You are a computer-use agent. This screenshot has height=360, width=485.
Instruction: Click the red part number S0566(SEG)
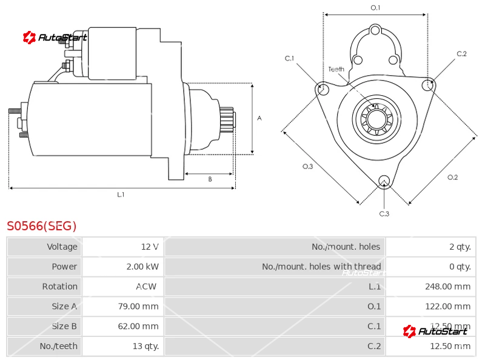point(42,226)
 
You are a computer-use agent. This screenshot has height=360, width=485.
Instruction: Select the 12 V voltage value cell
point(149,247)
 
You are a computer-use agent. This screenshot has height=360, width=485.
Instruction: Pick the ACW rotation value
point(145,286)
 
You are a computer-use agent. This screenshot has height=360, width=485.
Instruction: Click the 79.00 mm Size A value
point(138,306)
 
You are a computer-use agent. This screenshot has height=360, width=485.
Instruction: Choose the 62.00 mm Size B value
point(138,326)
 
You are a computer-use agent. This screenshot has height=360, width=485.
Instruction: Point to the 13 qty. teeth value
point(142,346)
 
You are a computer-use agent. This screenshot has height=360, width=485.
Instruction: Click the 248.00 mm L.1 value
point(447,286)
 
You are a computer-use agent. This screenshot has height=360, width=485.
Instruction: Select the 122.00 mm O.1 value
point(447,306)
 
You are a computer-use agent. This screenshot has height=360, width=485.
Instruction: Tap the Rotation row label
point(59,286)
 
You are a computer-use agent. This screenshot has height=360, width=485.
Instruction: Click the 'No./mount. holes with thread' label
point(321,267)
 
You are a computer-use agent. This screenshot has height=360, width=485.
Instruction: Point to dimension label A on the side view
point(259,118)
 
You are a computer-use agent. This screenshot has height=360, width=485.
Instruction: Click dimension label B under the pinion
point(210,179)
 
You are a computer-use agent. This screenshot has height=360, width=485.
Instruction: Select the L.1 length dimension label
point(121,195)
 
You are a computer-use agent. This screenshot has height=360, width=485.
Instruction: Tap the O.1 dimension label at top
point(375,7)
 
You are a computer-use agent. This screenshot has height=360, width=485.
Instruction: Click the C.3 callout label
point(384,213)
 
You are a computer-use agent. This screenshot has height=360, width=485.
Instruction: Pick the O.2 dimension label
point(452,177)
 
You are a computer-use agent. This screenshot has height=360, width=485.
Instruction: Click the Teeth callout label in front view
point(336,69)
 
